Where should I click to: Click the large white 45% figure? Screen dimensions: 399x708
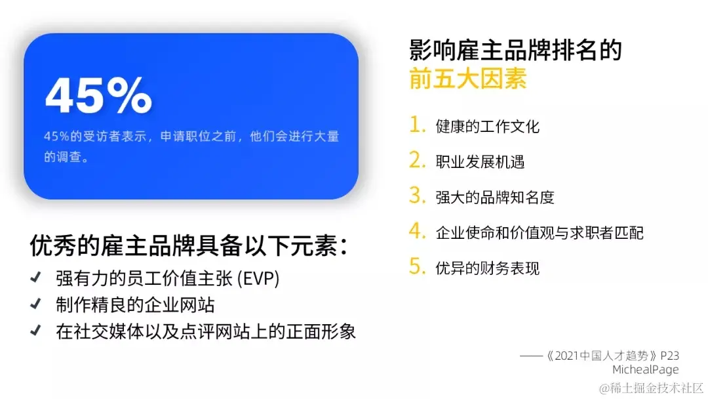pos(98,96)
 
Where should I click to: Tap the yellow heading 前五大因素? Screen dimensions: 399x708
pos(467,79)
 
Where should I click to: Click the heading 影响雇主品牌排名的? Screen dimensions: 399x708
pos(515,51)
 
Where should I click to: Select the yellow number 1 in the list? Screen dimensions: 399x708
pos(417,125)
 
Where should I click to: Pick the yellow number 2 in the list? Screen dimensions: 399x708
pos(417,160)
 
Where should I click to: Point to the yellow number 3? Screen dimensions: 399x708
pos(417,196)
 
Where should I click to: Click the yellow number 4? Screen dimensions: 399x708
pos(417,231)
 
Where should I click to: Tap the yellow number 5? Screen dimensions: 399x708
pos(417,266)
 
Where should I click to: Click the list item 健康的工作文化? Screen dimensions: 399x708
pos(487,126)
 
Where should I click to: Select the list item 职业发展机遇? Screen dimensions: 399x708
pos(480,161)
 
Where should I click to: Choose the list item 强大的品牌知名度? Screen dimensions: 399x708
pos(495,197)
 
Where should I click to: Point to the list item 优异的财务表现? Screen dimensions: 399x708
pos(487,268)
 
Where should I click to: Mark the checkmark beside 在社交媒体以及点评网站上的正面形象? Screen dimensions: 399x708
pos(36,331)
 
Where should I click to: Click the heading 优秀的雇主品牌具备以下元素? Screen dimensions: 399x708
pos(188,246)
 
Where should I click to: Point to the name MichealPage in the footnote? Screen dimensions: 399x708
pos(646,369)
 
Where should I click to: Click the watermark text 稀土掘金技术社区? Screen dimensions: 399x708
pos(656,387)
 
